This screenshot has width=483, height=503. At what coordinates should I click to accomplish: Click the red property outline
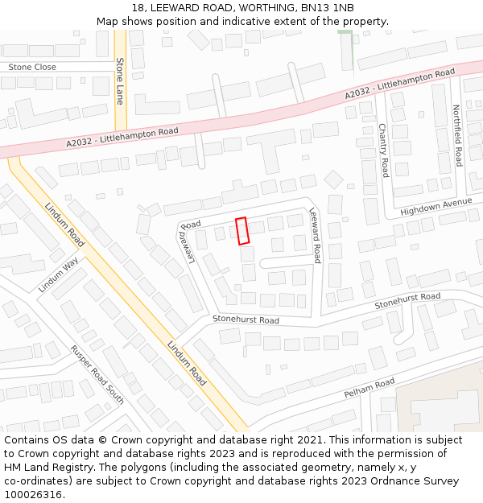pyautogui.click(x=242, y=230)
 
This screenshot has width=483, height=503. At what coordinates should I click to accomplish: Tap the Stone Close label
pyautogui.click(x=32, y=67)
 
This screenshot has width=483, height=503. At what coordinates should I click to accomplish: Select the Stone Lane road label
pyautogui.click(x=120, y=80)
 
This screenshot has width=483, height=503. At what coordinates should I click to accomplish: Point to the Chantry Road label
pyautogui.click(x=384, y=150)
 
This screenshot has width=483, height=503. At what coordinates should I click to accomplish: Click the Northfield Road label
pyautogui.click(x=457, y=135)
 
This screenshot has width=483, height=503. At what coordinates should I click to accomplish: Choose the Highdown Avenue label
pyautogui.click(x=436, y=206)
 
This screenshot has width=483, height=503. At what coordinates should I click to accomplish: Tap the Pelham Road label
pyautogui.click(x=369, y=387)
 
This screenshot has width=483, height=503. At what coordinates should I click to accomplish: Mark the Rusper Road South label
pyautogui.click(x=97, y=374)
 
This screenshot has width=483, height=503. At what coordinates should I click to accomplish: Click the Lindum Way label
pyautogui.click(x=58, y=274)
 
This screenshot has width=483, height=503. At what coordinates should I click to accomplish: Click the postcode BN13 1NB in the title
pyautogui.click(x=328, y=7)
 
